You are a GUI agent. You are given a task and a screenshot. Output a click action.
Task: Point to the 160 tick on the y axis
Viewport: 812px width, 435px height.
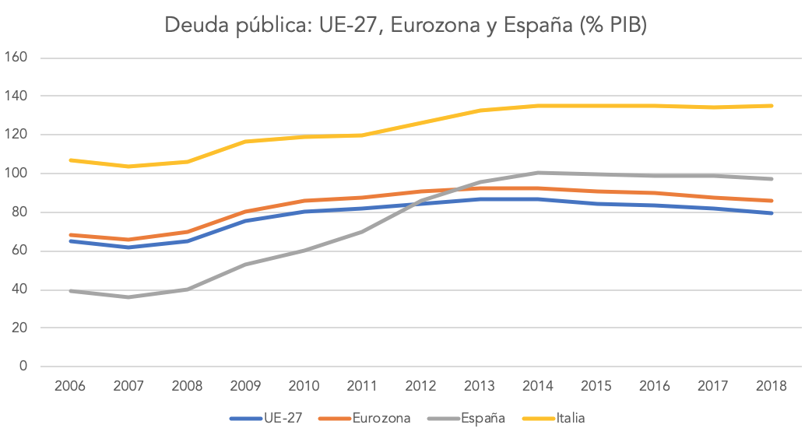[x=16, y=58]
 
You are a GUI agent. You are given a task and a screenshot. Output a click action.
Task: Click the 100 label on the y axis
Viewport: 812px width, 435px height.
[x=16, y=174]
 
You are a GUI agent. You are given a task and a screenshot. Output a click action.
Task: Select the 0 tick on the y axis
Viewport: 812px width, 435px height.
[x=23, y=367]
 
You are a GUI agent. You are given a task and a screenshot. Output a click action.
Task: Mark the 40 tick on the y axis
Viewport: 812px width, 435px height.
[x=19, y=289]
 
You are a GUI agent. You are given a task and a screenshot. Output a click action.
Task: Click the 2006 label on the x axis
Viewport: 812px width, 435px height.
[x=71, y=386]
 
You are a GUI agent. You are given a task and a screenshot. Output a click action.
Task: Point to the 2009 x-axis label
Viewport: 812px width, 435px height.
[x=246, y=386]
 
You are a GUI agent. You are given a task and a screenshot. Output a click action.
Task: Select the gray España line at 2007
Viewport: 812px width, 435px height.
[x=129, y=296]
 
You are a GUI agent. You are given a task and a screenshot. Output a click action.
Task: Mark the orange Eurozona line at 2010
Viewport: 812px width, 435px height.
[x=304, y=201]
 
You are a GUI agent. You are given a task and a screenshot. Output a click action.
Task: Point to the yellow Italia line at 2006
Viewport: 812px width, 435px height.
[x=71, y=160]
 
